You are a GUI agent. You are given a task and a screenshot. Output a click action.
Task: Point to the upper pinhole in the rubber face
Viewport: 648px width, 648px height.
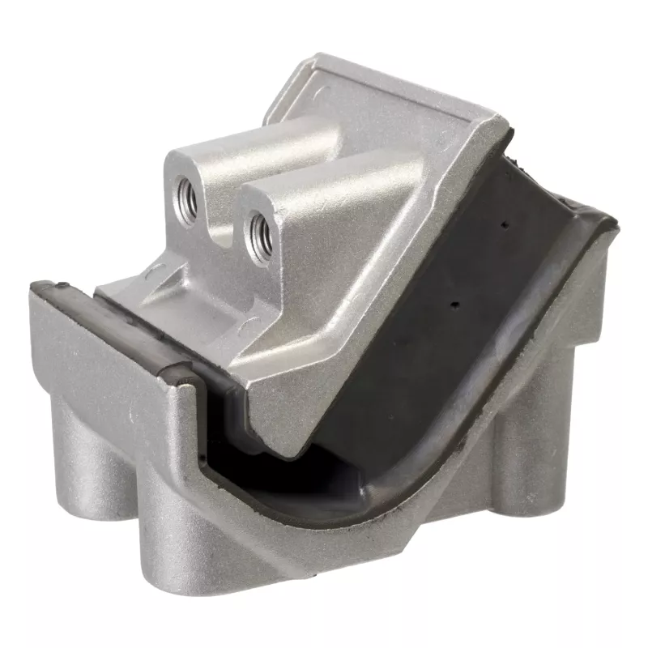coord(504,226)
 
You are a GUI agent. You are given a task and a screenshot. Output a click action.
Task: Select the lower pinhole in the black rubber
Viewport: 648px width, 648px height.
coord(456,305)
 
